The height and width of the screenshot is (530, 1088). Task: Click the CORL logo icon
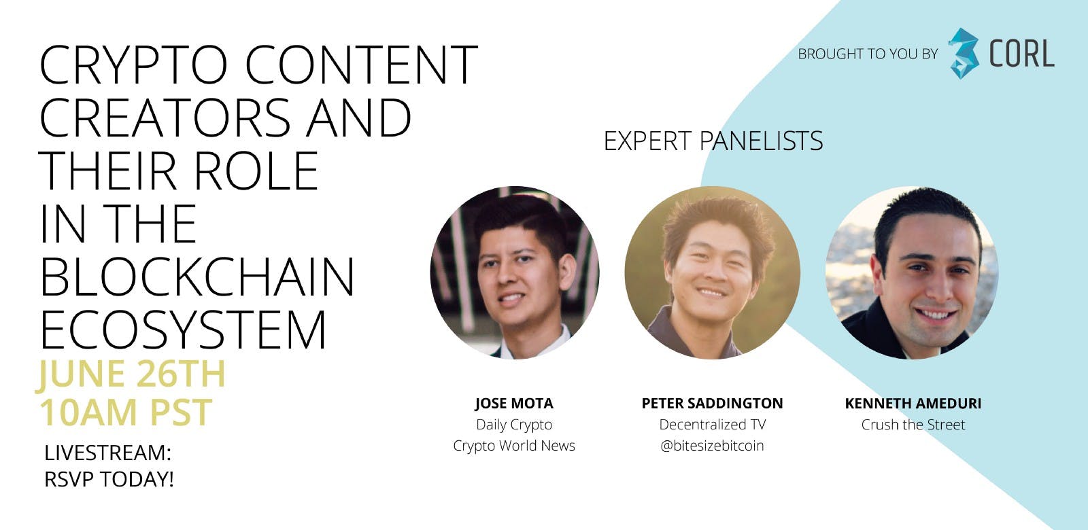[x=964, y=54]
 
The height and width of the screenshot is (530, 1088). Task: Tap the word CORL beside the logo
[x=1021, y=54]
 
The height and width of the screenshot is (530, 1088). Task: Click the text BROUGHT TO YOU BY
[x=868, y=54]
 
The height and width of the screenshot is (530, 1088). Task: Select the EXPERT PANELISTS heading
[x=713, y=141]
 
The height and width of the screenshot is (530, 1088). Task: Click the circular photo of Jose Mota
[x=515, y=272]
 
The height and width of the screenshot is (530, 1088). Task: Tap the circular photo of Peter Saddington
[x=712, y=272]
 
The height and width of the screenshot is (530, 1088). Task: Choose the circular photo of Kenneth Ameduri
[x=912, y=272]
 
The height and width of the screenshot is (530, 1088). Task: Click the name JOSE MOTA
[x=514, y=404]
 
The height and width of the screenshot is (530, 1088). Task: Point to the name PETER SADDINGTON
[x=712, y=404]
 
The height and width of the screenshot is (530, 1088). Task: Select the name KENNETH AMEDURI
[x=913, y=404]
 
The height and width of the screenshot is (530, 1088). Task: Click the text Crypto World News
[x=514, y=446]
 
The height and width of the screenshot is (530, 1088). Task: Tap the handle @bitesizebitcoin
[x=712, y=446]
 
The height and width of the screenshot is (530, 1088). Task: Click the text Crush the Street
[x=913, y=425]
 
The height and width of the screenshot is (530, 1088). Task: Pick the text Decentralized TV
[x=712, y=425]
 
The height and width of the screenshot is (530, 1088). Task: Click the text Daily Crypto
[x=514, y=425]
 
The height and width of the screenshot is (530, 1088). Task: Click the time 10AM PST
[x=126, y=412]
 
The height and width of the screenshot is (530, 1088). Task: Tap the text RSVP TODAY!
[x=109, y=479]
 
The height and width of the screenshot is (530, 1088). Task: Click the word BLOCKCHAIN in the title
[x=197, y=278]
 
